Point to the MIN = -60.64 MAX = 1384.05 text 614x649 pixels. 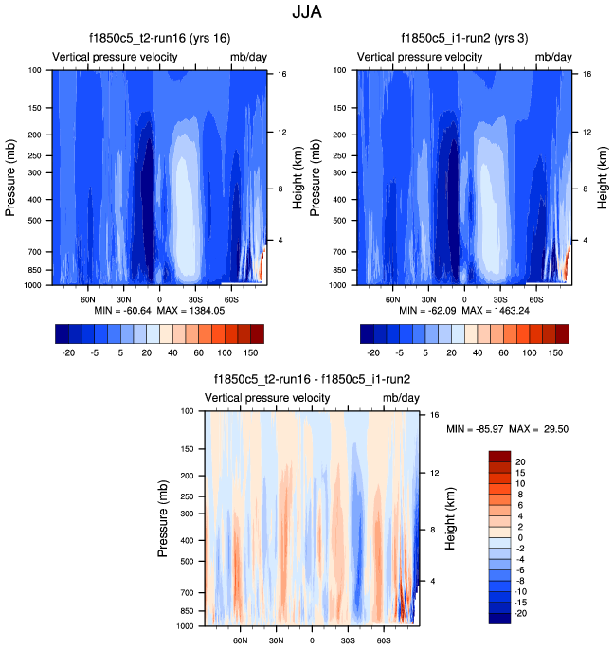pos(158,310)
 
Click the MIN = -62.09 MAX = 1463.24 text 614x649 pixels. pos(463,310)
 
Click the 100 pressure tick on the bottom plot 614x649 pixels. pos(185,411)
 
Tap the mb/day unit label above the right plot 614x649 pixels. pos(553,57)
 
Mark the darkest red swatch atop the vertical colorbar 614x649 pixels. pos(500,457)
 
